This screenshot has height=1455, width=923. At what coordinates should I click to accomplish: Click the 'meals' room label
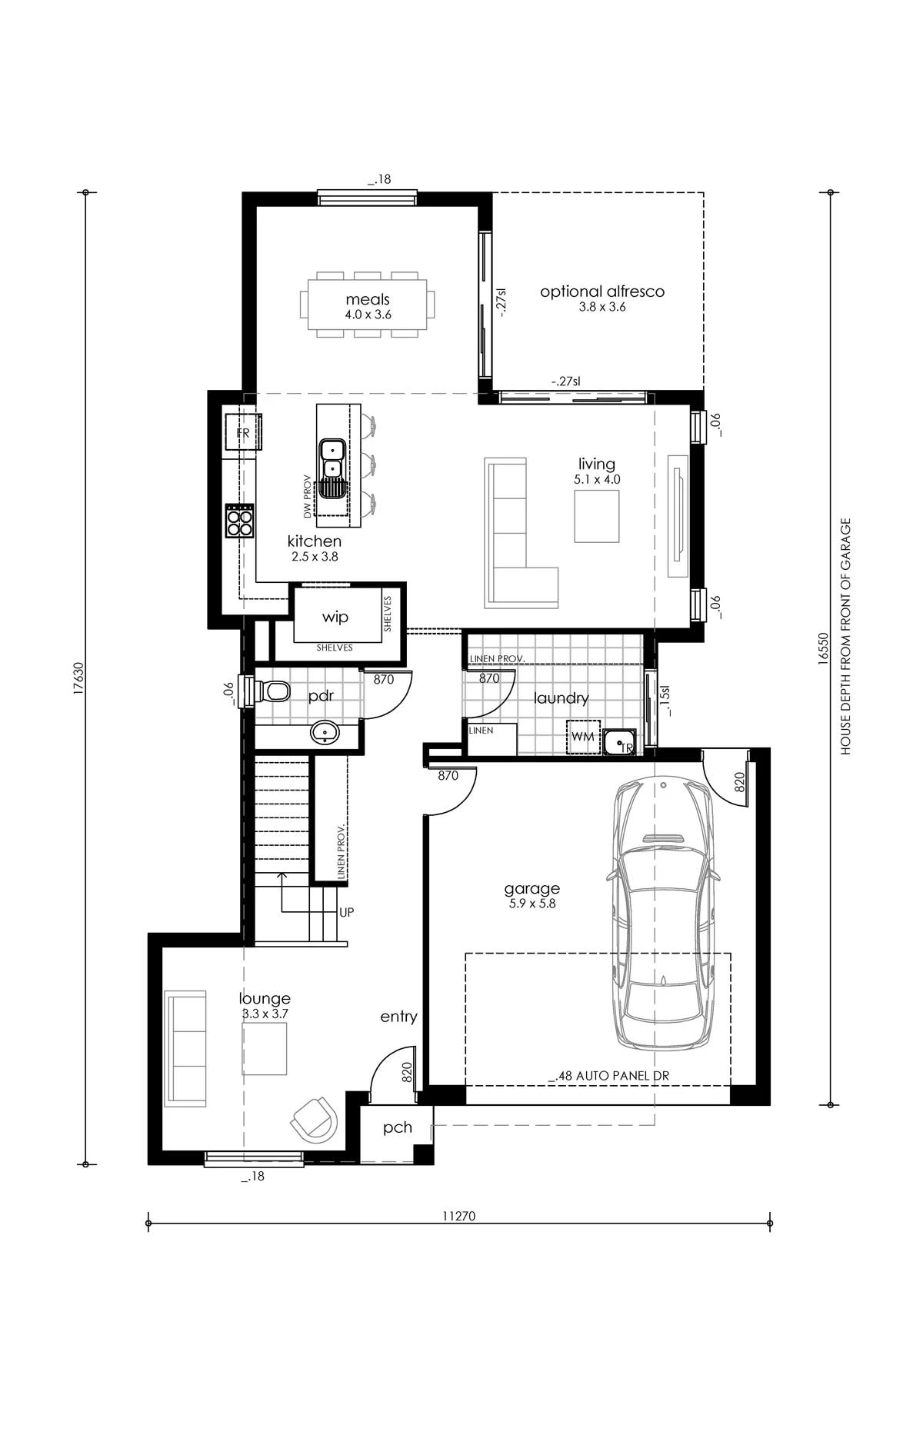pyautogui.click(x=368, y=299)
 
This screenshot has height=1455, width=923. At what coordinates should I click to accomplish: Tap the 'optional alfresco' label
pyautogui.click(x=602, y=291)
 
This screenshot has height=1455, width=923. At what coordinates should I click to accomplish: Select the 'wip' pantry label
pyautogui.click(x=335, y=617)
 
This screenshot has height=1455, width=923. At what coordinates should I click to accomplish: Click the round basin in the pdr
pyautogui.click(x=325, y=732)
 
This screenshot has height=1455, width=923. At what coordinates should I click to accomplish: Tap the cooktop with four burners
pyautogui.click(x=239, y=521)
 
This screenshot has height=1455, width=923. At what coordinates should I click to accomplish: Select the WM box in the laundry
pyautogui.click(x=582, y=737)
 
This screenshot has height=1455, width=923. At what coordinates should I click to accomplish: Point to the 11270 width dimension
pyautogui.click(x=459, y=1217)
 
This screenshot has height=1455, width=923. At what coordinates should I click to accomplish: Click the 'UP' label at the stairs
pyautogui.click(x=347, y=912)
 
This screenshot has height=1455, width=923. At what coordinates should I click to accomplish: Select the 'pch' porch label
pyautogui.click(x=398, y=1128)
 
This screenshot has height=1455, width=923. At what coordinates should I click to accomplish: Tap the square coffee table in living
pyautogui.click(x=596, y=515)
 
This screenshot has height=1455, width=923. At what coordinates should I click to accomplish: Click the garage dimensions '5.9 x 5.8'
pyautogui.click(x=532, y=904)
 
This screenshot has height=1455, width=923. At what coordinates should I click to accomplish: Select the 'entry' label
pyautogui.click(x=398, y=1017)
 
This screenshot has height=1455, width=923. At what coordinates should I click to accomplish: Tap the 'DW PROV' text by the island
pyautogui.click(x=307, y=494)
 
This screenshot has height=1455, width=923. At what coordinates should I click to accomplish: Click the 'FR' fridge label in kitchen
pyautogui.click(x=243, y=434)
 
